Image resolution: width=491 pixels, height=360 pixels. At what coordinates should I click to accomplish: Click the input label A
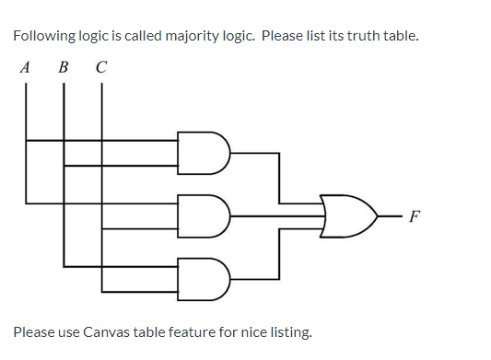point(25,67)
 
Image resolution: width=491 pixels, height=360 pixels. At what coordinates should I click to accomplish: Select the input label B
point(63,67)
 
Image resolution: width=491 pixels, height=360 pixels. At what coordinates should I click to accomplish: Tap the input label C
point(100,67)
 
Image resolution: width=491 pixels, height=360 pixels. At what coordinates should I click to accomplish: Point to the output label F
point(415,218)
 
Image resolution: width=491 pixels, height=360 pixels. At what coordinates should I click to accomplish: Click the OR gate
point(348,215)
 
